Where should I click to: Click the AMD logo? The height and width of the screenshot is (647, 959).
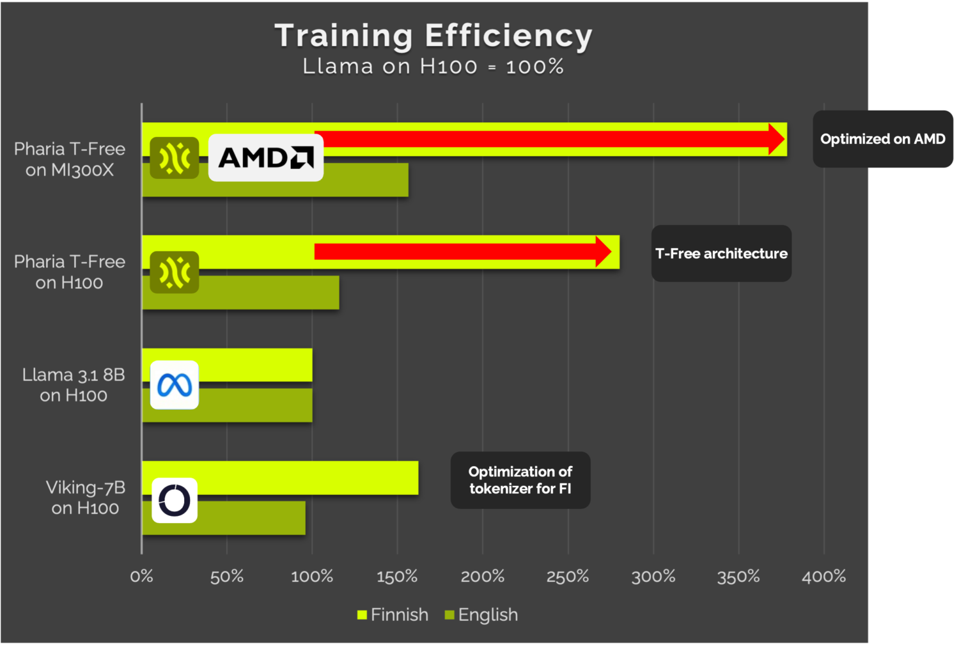265,157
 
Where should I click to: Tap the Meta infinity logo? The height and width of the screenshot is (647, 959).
175,385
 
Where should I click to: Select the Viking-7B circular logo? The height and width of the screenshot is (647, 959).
175,500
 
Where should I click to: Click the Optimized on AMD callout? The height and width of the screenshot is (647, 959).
882,139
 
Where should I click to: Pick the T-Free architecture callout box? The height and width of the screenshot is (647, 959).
721,254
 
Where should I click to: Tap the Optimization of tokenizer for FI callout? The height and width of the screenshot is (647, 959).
520,480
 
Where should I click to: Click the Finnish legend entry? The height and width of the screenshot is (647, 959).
393,615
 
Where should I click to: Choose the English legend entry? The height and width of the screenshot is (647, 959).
481,615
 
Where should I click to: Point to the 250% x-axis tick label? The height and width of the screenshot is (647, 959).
568,577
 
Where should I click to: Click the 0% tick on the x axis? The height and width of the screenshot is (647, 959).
141,577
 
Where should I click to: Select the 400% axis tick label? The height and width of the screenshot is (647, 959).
823,577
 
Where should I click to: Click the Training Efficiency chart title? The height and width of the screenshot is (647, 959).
433,36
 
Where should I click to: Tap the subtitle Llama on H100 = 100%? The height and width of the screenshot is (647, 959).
433,66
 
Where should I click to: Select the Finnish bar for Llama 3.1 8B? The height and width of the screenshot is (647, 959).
256,365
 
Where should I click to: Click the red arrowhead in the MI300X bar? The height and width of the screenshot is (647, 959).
776,139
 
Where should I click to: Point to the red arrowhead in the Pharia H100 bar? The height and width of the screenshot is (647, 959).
603,252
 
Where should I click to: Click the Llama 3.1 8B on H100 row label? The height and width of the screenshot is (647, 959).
73,385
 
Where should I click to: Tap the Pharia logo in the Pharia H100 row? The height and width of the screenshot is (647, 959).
175,272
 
